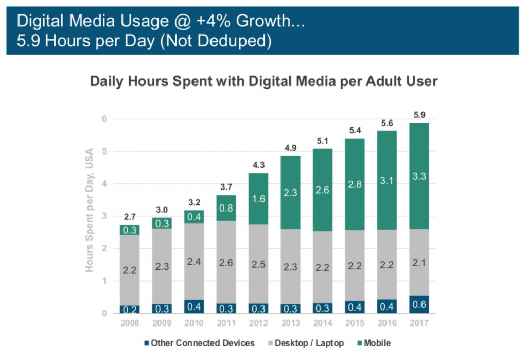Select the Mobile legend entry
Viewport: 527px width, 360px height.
coord(377,342)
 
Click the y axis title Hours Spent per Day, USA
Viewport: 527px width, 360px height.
coord(89,210)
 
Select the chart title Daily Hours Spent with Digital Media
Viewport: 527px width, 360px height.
coord(263,81)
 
